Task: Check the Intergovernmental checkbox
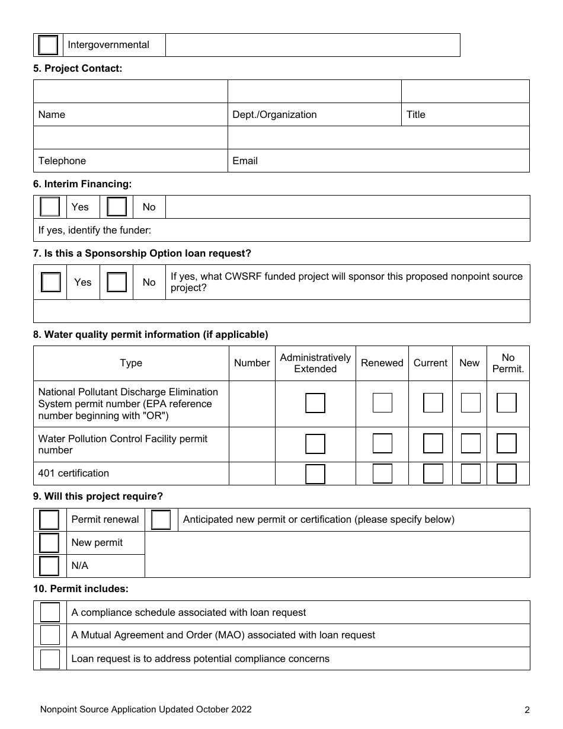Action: [x=48, y=45]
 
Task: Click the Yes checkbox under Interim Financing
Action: [x=50, y=207]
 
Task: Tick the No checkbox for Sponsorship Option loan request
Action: [x=117, y=282]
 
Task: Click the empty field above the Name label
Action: [x=130, y=91]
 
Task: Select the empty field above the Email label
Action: [x=378, y=138]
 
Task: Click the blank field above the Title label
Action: [x=465, y=91]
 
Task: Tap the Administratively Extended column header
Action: [x=315, y=363]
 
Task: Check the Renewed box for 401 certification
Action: [x=382, y=474]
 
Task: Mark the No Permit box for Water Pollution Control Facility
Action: [x=507, y=444]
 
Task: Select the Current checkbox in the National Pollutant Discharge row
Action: [x=433, y=403]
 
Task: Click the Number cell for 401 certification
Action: [x=251, y=474]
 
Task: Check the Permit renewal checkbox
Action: [x=49, y=520]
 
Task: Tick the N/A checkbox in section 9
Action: [x=49, y=566]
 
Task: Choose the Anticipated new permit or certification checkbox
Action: [x=161, y=520]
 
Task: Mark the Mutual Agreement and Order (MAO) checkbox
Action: [x=50, y=635]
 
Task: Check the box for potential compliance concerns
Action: [x=50, y=658]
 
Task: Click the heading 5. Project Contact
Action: [x=78, y=69]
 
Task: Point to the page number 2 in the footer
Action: [x=527, y=710]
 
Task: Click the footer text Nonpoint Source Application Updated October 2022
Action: [x=145, y=709]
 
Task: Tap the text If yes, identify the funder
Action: [x=95, y=230]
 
